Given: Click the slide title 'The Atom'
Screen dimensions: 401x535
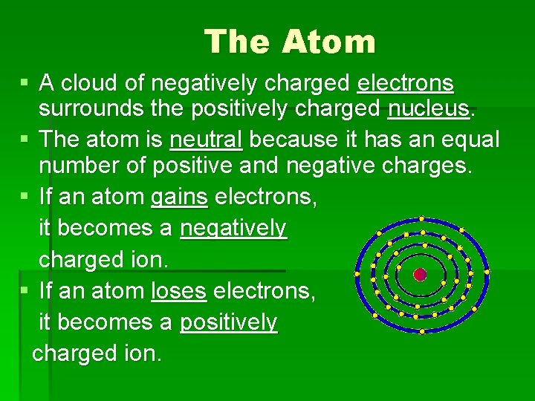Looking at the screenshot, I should [x=290, y=42].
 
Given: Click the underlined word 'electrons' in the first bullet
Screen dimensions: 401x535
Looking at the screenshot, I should [x=405, y=82].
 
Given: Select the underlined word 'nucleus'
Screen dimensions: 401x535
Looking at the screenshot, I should [x=429, y=109].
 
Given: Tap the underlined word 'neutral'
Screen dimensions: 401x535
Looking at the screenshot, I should [x=206, y=138].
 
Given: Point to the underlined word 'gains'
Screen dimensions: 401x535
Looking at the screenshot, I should [x=179, y=197].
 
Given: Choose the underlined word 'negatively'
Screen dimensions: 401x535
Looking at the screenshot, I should [x=233, y=229].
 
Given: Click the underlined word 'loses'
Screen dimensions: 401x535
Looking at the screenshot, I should [x=178, y=291].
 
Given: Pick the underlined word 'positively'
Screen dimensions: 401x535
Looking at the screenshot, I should [x=228, y=322].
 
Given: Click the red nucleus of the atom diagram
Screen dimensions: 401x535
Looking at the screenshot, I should [x=420, y=275].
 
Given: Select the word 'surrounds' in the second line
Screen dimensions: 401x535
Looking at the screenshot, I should [x=88, y=109].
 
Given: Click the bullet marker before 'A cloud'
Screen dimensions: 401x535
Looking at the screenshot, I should [x=26, y=81].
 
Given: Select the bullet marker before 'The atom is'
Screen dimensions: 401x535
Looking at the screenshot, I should [x=26, y=138].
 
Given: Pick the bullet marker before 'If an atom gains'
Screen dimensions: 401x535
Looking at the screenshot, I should [x=26, y=197].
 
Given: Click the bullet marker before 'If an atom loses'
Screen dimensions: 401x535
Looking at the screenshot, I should [x=26, y=291].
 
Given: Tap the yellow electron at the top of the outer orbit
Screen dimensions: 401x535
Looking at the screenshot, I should [x=421, y=219].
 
